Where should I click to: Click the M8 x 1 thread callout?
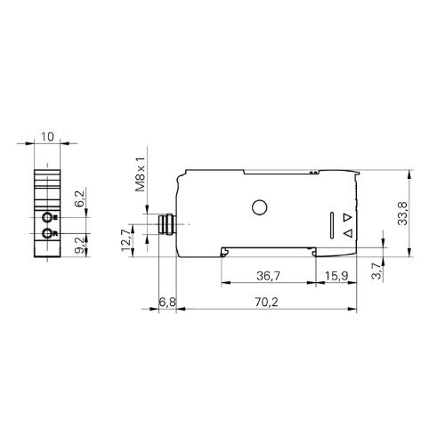(139, 173)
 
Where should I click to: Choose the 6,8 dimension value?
(166, 303)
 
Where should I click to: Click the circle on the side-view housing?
(259, 208)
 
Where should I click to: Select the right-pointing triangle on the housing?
(347, 217)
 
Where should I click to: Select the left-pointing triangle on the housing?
(347, 234)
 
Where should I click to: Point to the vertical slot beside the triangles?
(334, 225)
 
